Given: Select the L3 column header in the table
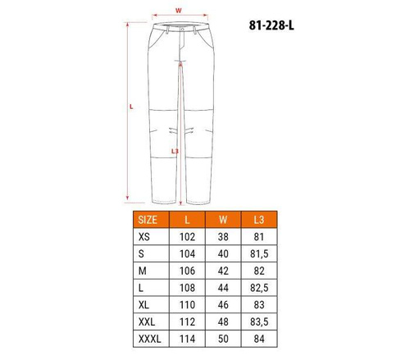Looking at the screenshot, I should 259,220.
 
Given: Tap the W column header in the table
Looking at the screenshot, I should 223,220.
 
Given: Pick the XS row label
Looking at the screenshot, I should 147,237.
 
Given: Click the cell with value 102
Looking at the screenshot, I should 187,237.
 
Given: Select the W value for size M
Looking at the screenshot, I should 223,271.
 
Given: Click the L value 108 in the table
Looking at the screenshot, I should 187,288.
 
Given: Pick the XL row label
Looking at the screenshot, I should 147,305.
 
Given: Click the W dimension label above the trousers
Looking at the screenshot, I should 178,11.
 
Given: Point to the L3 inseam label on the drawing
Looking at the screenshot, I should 175,151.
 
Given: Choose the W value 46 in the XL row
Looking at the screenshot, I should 223,305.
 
